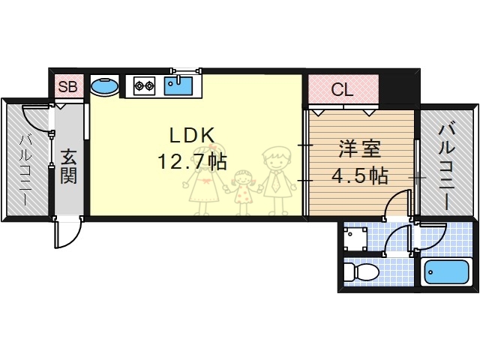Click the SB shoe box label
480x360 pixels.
(x=67, y=87)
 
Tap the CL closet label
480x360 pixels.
(x=343, y=91)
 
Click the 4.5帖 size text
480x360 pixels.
(x=360, y=177)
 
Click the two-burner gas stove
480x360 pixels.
(x=144, y=85)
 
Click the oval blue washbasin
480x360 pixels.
(x=104, y=86)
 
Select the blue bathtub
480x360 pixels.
(x=445, y=272)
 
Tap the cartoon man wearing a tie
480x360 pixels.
(x=275, y=180)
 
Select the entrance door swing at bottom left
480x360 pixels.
(x=67, y=233)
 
